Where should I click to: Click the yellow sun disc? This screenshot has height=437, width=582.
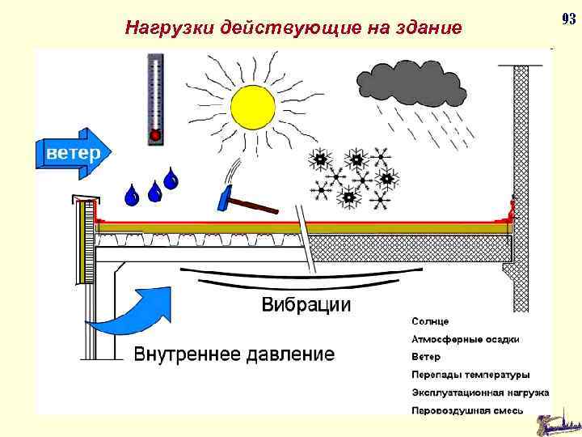(253, 106)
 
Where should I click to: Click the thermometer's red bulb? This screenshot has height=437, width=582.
(155, 134)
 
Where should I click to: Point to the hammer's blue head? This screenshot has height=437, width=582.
(226, 197)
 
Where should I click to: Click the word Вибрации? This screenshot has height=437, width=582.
(306, 305)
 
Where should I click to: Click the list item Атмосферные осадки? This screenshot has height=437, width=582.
(466, 339)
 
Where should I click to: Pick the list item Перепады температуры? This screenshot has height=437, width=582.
(470, 375)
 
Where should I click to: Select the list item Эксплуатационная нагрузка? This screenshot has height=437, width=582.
(480, 392)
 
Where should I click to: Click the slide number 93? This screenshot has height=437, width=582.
(567, 18)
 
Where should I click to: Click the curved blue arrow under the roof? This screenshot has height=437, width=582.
(129, 312)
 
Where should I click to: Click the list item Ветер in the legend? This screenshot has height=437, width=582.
(426, 357)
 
